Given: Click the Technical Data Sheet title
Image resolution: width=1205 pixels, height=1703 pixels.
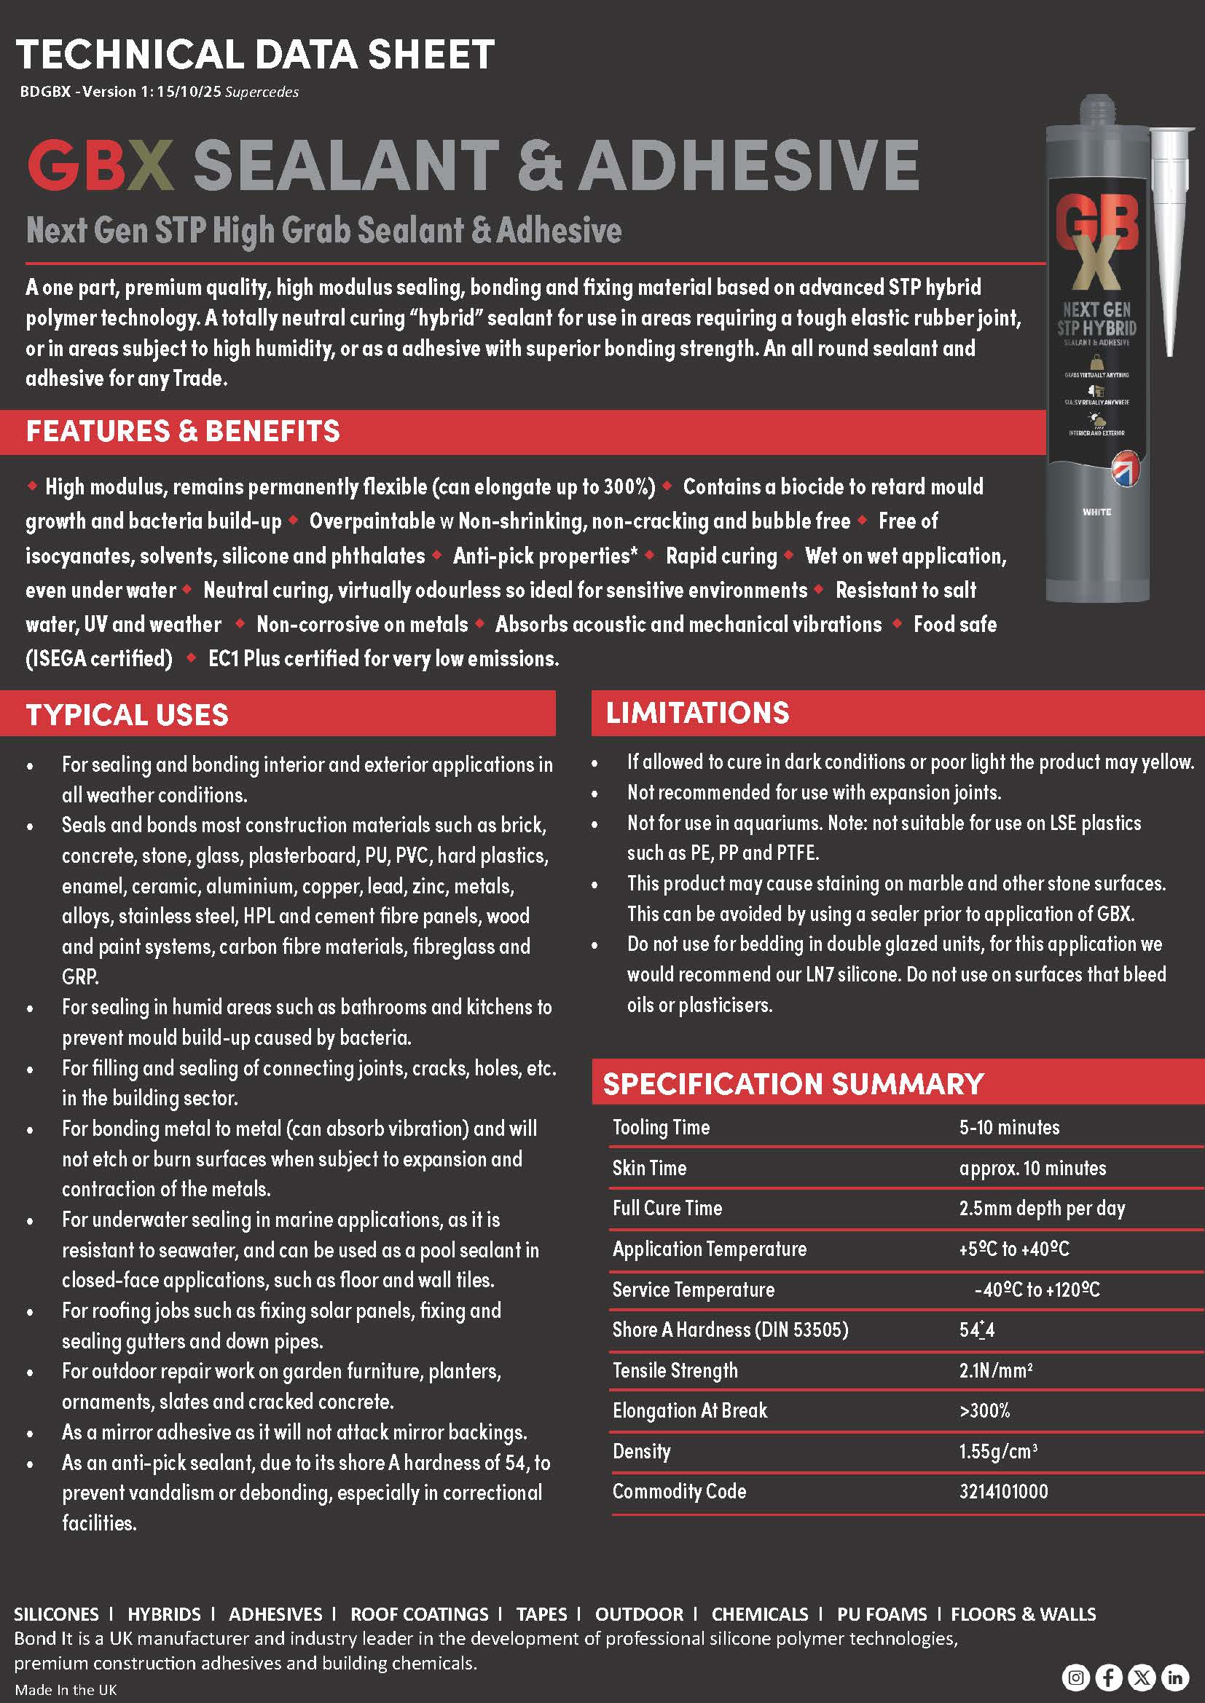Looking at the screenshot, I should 255,55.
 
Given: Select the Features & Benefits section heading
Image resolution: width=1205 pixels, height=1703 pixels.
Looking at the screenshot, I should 183,431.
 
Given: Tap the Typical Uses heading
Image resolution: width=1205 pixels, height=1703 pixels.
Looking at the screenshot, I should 127,714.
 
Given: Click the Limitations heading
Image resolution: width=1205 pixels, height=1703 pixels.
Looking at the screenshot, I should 697,712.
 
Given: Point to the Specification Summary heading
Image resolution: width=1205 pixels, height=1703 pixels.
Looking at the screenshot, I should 793,1083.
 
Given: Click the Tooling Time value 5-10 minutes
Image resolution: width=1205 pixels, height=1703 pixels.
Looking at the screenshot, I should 1009,1127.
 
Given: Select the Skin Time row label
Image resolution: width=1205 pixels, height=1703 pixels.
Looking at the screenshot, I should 649,1168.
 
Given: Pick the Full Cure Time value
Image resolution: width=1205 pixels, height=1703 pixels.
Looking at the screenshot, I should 1042,1209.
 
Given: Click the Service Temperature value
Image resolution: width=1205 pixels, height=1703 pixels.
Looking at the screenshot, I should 1037,1290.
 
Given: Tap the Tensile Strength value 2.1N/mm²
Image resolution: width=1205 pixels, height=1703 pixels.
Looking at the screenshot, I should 995,1370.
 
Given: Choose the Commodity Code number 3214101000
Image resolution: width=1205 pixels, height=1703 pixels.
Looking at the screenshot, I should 1003,1491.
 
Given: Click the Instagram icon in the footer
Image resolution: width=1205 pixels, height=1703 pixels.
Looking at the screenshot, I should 1075,1677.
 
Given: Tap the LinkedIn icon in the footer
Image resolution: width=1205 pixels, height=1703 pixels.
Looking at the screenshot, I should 1175,1677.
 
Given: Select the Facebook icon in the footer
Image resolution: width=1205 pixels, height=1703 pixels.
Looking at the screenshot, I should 1109,1677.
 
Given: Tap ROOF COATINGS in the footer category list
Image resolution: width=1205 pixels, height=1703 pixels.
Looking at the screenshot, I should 419,1614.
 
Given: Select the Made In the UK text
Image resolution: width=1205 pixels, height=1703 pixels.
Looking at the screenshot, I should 66,1690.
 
